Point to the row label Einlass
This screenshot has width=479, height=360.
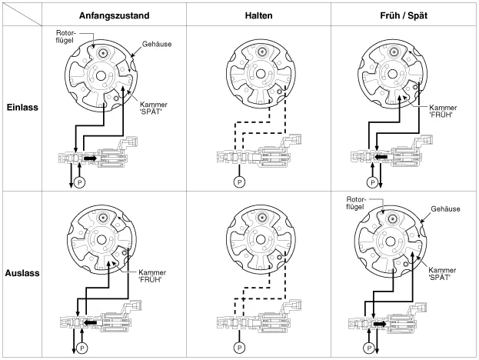23,108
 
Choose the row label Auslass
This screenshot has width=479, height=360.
23,272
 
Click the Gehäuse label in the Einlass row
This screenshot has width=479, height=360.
155,44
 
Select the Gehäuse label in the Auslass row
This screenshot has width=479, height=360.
446,208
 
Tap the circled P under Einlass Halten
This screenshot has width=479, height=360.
238,182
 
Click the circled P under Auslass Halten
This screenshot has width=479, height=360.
238,347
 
